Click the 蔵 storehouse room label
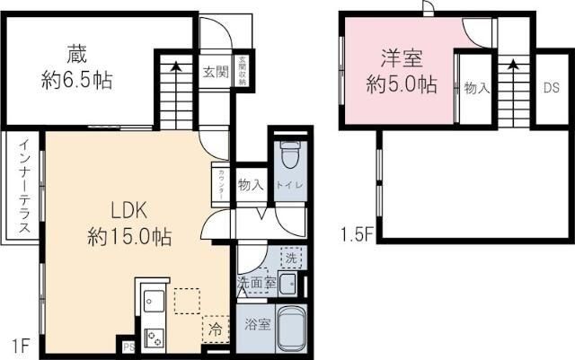point(75,52)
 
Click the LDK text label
point(128,209)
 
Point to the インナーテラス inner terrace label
point(21,186)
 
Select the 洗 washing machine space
point(290,257)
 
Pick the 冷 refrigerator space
point(215,329)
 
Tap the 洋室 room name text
point(402,58)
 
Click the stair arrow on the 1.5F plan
point(512,67)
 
